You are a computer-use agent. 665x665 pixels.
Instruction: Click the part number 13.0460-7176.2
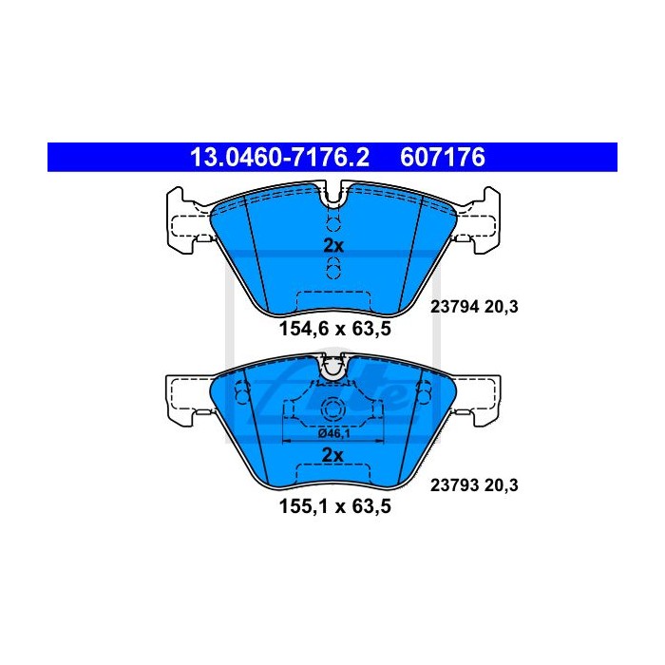(x=279, y=158)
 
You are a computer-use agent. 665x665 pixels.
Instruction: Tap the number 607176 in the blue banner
(x=443, y=158)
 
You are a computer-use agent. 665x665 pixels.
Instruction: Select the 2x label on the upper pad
(x=333, y=245)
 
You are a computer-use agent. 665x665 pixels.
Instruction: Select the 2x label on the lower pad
(x=332, y=455)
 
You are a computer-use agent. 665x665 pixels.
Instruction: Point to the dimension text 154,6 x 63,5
(x=335, y=329)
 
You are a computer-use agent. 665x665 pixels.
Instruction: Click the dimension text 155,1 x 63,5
(x=335, y=506)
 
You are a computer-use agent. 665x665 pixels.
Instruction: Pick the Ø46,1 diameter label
(x=333, y=433)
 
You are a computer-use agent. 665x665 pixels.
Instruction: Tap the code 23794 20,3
(x=474, y=306)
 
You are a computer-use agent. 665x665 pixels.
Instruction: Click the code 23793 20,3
(x=474, y=485)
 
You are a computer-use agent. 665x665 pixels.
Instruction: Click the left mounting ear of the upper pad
(x=186, y=221)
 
